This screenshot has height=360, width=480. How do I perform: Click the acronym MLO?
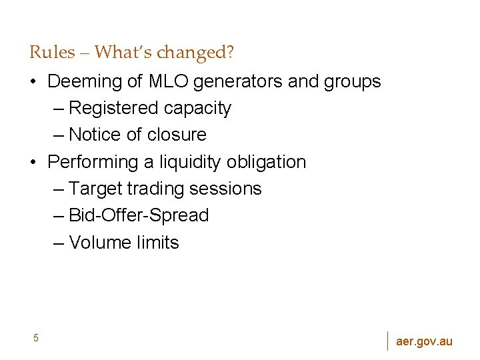pyautogui.click(x=168, y=82)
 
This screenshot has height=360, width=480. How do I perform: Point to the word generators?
pyautogui.click(x=239, y=82)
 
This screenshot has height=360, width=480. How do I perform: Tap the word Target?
pyautogui.click(x=95, y=189)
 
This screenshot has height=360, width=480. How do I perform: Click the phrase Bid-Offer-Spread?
pyautogui.click(x=139, y=215)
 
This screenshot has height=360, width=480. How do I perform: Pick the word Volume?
pyautogui.click(x=100, y=243)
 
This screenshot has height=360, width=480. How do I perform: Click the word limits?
pyautogui.click(x=158, y=243)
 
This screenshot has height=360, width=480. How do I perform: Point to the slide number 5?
pyautogui.click(x=36, y=338)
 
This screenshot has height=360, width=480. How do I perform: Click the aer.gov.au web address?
pyautogui.click(x=424, y=341)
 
